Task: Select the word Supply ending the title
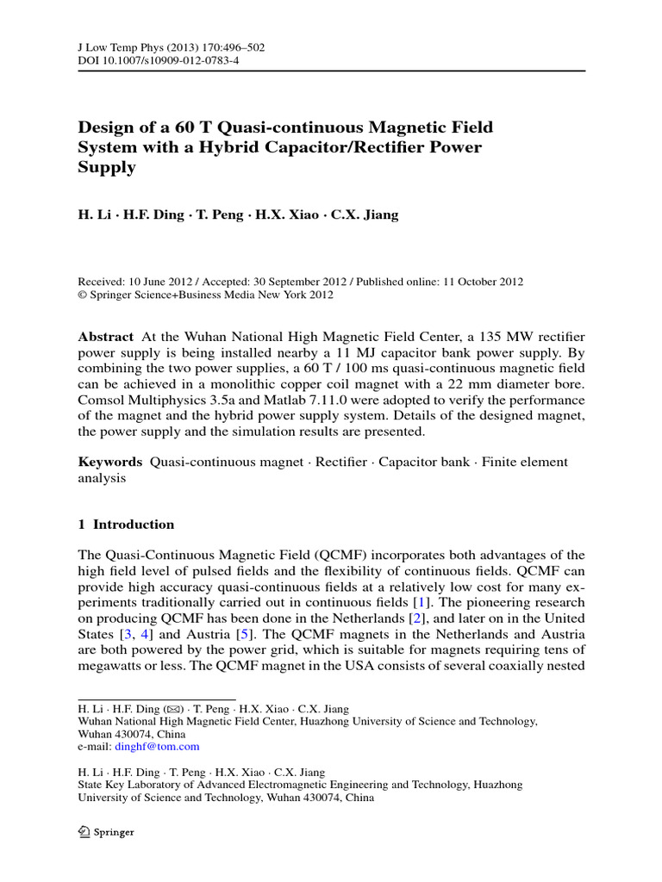click(x=107, y=168)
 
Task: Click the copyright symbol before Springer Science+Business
click(x=83, y=295)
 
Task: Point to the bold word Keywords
click(x=109, y=463)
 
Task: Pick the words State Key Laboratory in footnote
click(x=128, y=786)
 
